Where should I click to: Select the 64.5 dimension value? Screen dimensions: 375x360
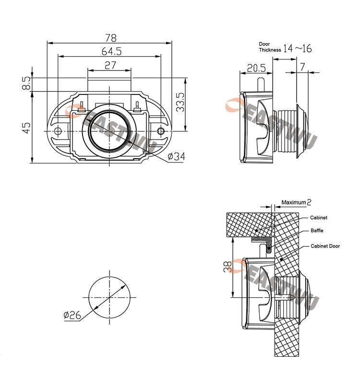point(111,51)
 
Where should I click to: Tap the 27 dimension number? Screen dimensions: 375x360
point(109,65)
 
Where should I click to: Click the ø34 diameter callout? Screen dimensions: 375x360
point(177,156)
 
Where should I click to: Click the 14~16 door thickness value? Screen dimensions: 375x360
point(297,48)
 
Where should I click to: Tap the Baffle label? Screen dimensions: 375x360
point(317,231)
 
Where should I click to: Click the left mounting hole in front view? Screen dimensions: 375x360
point(58,131)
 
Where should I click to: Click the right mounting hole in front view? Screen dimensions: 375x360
point(161,131)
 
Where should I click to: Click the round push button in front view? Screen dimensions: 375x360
point(109,131)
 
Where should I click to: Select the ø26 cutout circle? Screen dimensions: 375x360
point(109,295)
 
